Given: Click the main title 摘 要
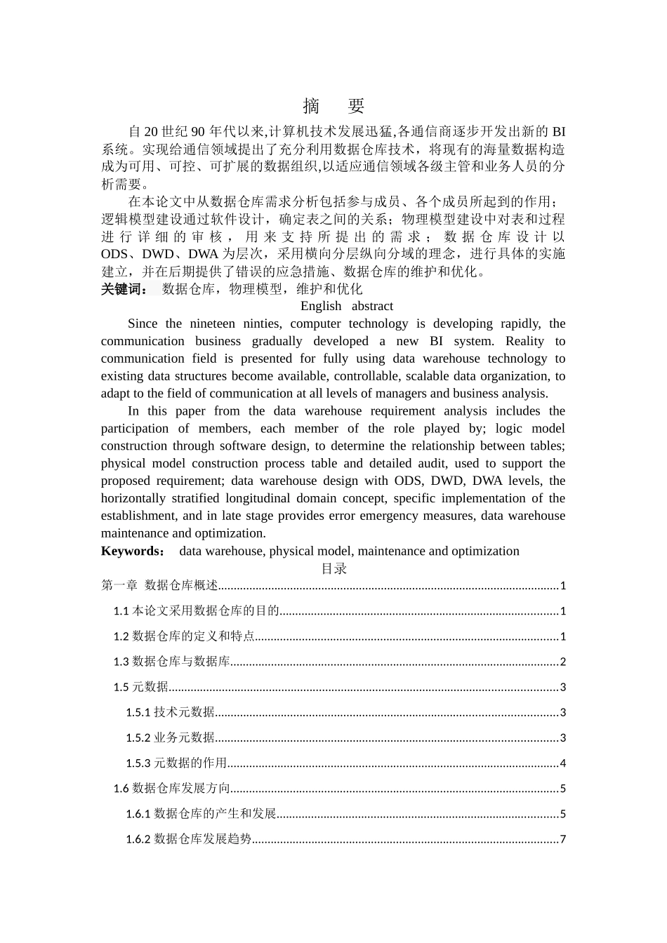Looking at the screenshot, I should (x=333, y=106).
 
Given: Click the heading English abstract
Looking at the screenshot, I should (x=346, y=306).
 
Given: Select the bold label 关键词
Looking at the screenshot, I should (x=124, y=289).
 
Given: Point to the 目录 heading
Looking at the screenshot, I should (x=333, y=568).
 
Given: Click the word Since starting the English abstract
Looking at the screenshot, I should (x=143, y=323).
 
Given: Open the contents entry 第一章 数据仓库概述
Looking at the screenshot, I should (x=160, y=585).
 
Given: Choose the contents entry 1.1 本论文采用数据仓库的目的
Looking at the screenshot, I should (x=197, y=611).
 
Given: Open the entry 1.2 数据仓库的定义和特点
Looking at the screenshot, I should (x=184, y=636).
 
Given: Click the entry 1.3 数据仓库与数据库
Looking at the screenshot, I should (x=172, y=662).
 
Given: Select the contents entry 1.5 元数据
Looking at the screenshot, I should (x=141, y=687).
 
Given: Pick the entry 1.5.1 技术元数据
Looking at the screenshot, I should (x=171, y=712).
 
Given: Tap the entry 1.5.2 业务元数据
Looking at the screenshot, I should (x=171, y=737).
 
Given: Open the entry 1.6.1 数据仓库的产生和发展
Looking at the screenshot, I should (x=201, y=814).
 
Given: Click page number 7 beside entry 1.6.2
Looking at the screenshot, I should (x=562, y=839).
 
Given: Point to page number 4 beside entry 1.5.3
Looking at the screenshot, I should (x=562, y=763).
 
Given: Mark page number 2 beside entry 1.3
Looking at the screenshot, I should (x=562, y=662).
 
